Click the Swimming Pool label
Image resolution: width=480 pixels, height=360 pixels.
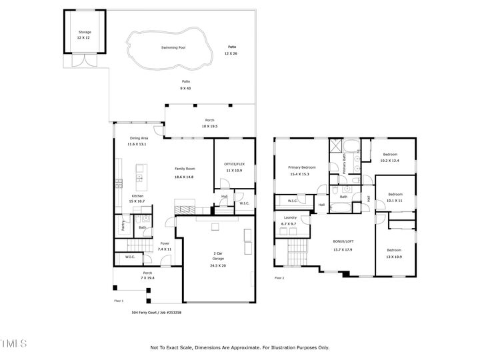point(173,48)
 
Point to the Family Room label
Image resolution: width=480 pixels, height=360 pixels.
point(184,169)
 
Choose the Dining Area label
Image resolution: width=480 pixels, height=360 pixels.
point(139,138)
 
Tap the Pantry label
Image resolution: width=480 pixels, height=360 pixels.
point(123,226)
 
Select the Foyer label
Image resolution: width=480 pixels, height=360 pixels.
point(164,244)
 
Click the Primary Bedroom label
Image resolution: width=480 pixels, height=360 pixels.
point(301,167)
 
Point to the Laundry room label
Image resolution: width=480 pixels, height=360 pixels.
point(290,218)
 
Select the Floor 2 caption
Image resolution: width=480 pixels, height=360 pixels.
point(279,278)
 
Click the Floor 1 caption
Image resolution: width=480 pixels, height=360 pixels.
point(120,301)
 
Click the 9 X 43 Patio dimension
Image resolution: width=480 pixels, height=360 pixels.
point(185,88)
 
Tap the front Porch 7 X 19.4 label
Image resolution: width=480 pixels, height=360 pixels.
point(148,275)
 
